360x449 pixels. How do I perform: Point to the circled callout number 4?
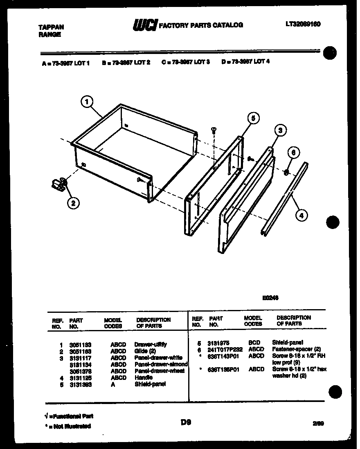tap(301, 216)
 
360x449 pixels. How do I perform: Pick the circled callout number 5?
tap(253, 119)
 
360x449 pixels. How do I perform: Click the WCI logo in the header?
tap(144, 25)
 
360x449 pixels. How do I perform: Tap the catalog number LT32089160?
tap(303, 24)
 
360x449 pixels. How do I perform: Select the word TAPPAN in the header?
tap(51, 27)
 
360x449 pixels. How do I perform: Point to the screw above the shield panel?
tap(213, 130)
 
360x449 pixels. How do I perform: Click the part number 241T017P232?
tap(225, 349)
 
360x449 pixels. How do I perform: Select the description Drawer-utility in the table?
tap(150, 344)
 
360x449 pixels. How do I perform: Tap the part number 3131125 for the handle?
tap(80, 378)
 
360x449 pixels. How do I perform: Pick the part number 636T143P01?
tap(223, 356)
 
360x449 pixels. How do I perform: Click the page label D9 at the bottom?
tap(186, 422)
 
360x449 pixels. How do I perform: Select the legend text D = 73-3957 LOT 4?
tap(245, 62)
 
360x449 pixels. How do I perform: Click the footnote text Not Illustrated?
tap(70, 426)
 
